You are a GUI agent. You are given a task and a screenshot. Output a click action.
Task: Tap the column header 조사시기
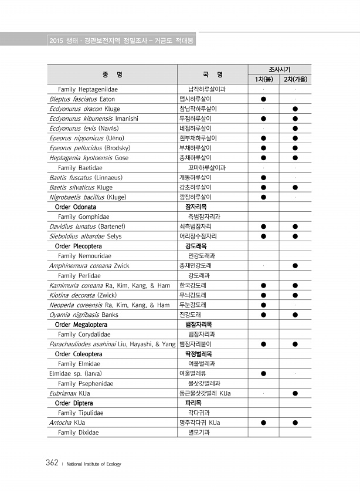[x=279, y=69]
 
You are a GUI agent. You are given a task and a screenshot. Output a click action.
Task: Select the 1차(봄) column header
[x=263, y=79]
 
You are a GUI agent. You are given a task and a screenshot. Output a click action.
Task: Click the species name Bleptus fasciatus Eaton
[x=82, y=99]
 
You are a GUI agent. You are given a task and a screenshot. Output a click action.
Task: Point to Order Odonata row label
[x=76, y=207]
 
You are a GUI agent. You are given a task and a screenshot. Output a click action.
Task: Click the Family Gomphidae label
[x=83, y=217]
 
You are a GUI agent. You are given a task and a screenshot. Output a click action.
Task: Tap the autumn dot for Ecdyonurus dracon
[x=296, y=109]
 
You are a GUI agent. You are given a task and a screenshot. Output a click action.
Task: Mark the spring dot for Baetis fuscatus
[x=263, y=177]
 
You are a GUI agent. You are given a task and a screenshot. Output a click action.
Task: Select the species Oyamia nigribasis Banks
[x=84, y=315]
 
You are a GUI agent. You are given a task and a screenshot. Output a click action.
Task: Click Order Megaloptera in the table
[x=81, y=325]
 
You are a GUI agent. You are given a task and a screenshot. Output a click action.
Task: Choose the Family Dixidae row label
[x=78, y=433]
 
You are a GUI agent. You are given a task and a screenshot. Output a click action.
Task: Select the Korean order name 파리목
[x=193, y=403]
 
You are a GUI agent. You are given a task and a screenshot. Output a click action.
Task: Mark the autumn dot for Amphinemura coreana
[x=296, y=265]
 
